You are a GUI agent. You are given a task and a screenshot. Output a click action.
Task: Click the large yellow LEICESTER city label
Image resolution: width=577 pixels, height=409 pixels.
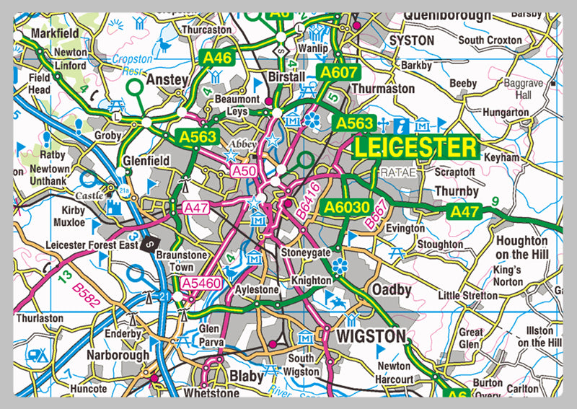pos(415,148)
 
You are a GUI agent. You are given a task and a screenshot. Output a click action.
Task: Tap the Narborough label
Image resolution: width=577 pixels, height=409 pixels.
pos(118,355)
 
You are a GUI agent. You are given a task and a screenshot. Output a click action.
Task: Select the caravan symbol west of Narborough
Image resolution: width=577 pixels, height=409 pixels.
pos(35,355)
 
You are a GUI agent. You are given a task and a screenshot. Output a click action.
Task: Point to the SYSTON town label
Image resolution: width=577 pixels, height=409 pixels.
pos(411,40)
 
